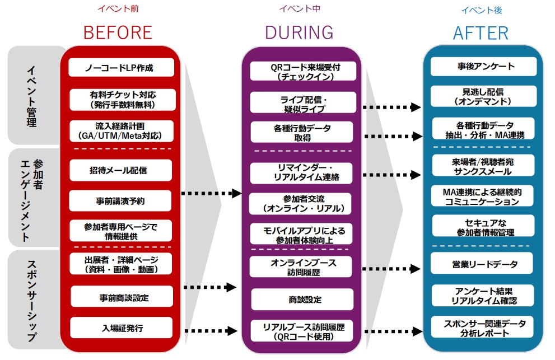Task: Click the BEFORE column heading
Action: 118,32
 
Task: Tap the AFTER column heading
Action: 481,32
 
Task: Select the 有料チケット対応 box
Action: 122,100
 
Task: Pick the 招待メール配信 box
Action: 122,170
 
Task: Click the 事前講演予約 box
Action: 120,200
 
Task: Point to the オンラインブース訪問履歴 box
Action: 301,267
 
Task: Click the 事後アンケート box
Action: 483,67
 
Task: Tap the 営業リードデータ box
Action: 483,264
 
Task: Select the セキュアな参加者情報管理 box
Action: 483,227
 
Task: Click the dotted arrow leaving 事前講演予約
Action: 210,193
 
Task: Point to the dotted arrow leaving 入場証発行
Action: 210,330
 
